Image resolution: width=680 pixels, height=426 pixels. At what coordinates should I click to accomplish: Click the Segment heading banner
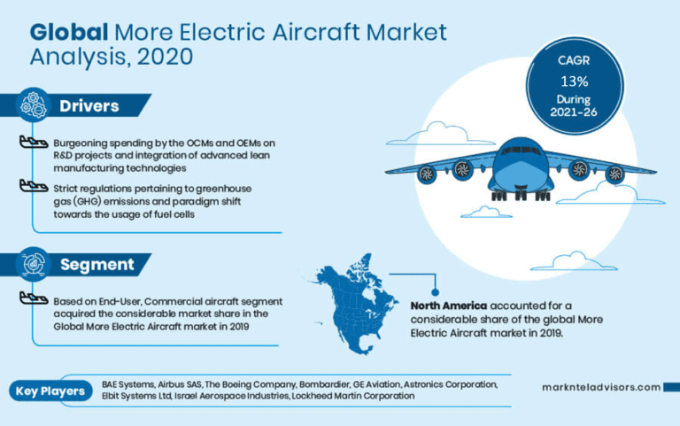click(x=97, y=264)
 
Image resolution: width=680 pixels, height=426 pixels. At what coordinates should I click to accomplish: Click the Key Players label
click(x=50, y=391)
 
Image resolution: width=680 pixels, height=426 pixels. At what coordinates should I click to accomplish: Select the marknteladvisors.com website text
click(x=601, y=387)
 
